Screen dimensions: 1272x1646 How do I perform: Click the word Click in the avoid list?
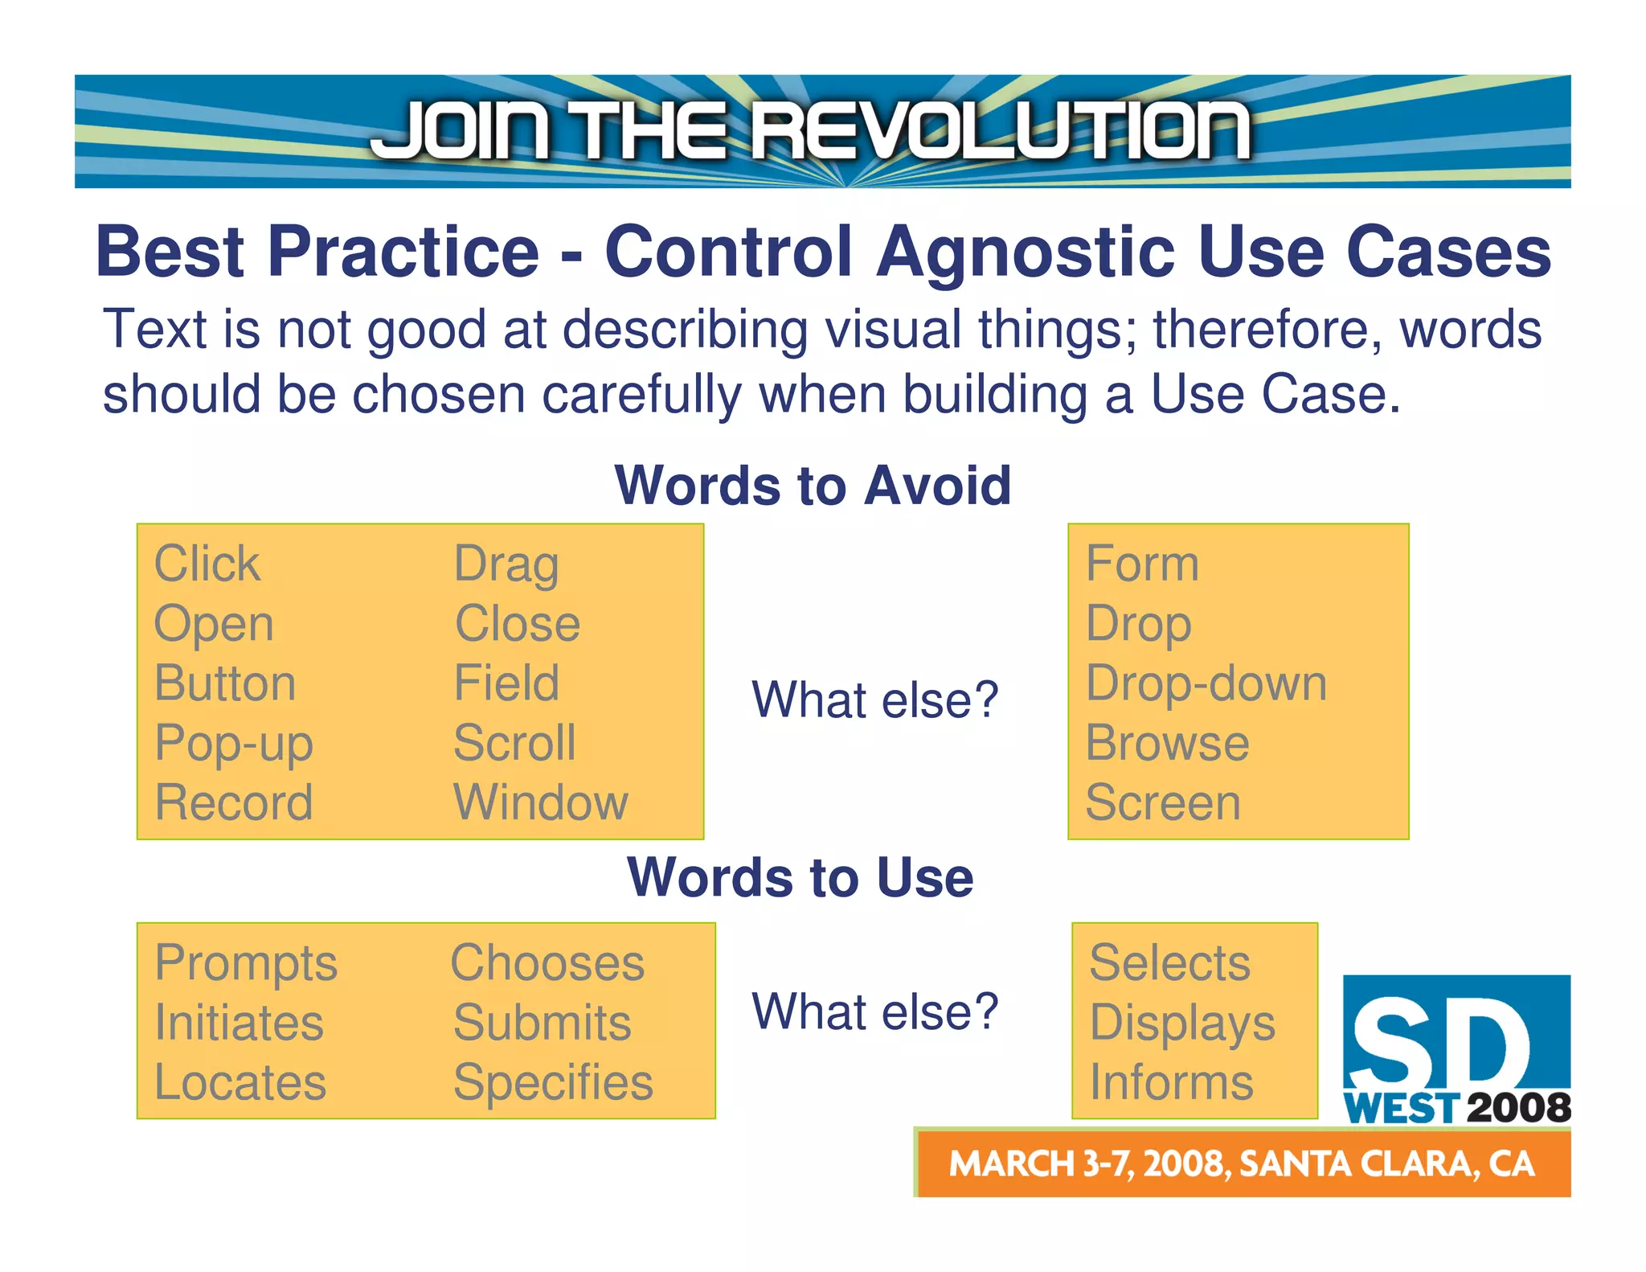tap(207, 564)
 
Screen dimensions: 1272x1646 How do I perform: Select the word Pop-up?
tap(233, 744)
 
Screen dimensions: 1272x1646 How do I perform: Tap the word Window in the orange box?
tap(540, 802)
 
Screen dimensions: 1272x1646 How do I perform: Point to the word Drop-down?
tap(1206, 683)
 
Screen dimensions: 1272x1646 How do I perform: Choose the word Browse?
tap(1167, 743)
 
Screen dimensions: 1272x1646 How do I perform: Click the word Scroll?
tap(514, 743)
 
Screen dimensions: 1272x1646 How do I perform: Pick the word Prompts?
tap(245, 963)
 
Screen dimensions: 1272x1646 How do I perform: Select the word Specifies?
tap(553, 1082)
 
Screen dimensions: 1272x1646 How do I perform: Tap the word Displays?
tap(1181, 1024)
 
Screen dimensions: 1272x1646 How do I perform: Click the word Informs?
tap(1171, 1082)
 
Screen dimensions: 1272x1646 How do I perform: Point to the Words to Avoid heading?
tap(813, 486)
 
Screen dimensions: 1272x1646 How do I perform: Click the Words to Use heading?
tap(800, 877)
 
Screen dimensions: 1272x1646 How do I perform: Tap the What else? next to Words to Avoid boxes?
tap(874, 700)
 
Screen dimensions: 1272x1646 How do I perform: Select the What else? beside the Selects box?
tap(874, 1011)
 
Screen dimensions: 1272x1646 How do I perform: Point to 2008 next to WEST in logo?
tap(1518, 1108)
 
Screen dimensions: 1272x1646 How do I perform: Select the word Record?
tap(233, 802)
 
